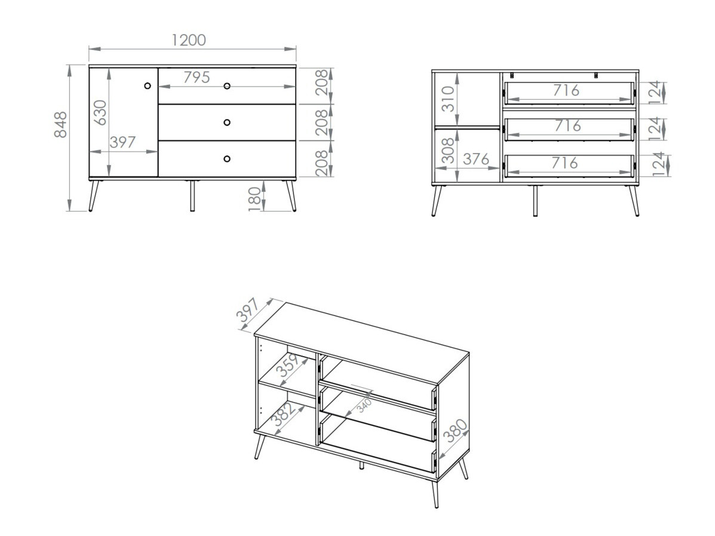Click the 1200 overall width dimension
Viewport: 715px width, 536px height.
tap(188, 40)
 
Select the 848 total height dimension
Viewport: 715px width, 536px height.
tap(61, 124)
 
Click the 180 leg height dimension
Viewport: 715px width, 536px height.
tap(255, 198)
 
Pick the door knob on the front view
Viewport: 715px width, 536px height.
tap(148, 86)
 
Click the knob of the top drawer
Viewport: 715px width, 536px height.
tap(227, 86)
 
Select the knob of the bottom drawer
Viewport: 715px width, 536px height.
tap(227, 158)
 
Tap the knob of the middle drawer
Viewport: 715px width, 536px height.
tap(227, 122)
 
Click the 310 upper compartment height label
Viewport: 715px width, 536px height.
tap(447, 99)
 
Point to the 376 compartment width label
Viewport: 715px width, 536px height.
tap(476, 159)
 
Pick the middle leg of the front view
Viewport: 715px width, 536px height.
tap(192, 195)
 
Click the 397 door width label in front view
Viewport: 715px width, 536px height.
tap(123, 142)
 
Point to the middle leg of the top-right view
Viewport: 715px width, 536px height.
tap(535, 200)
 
